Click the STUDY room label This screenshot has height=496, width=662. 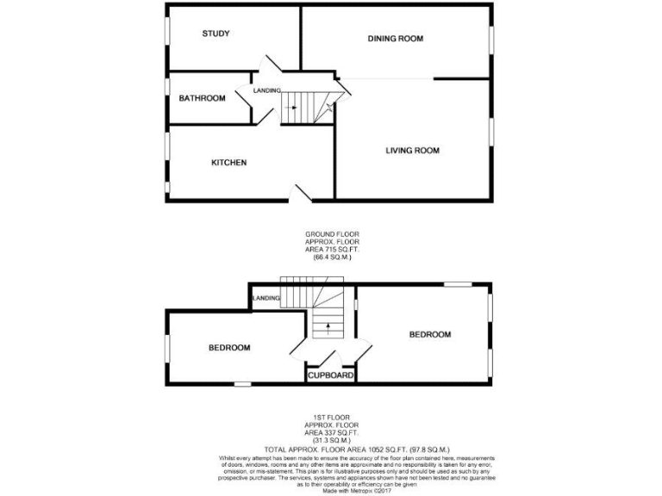pos(215,34)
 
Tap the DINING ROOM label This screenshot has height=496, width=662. pos(396,39)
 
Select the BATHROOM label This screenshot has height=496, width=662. pos(202,98)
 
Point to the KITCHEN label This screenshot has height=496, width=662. pos(229,163)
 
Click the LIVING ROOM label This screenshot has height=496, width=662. pos(412,151)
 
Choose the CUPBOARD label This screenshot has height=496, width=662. pos(331,376)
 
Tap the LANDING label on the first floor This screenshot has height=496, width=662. pos(266,298)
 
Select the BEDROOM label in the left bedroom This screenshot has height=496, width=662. pos(229,348)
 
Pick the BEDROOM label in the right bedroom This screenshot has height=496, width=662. pos(429,334)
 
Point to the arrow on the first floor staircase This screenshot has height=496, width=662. pos(327,327)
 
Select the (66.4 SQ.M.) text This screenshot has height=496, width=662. pos(332,257)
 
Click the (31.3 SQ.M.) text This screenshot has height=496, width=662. pos(332,441)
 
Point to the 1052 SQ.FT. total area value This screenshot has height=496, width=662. pos(364,449)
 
